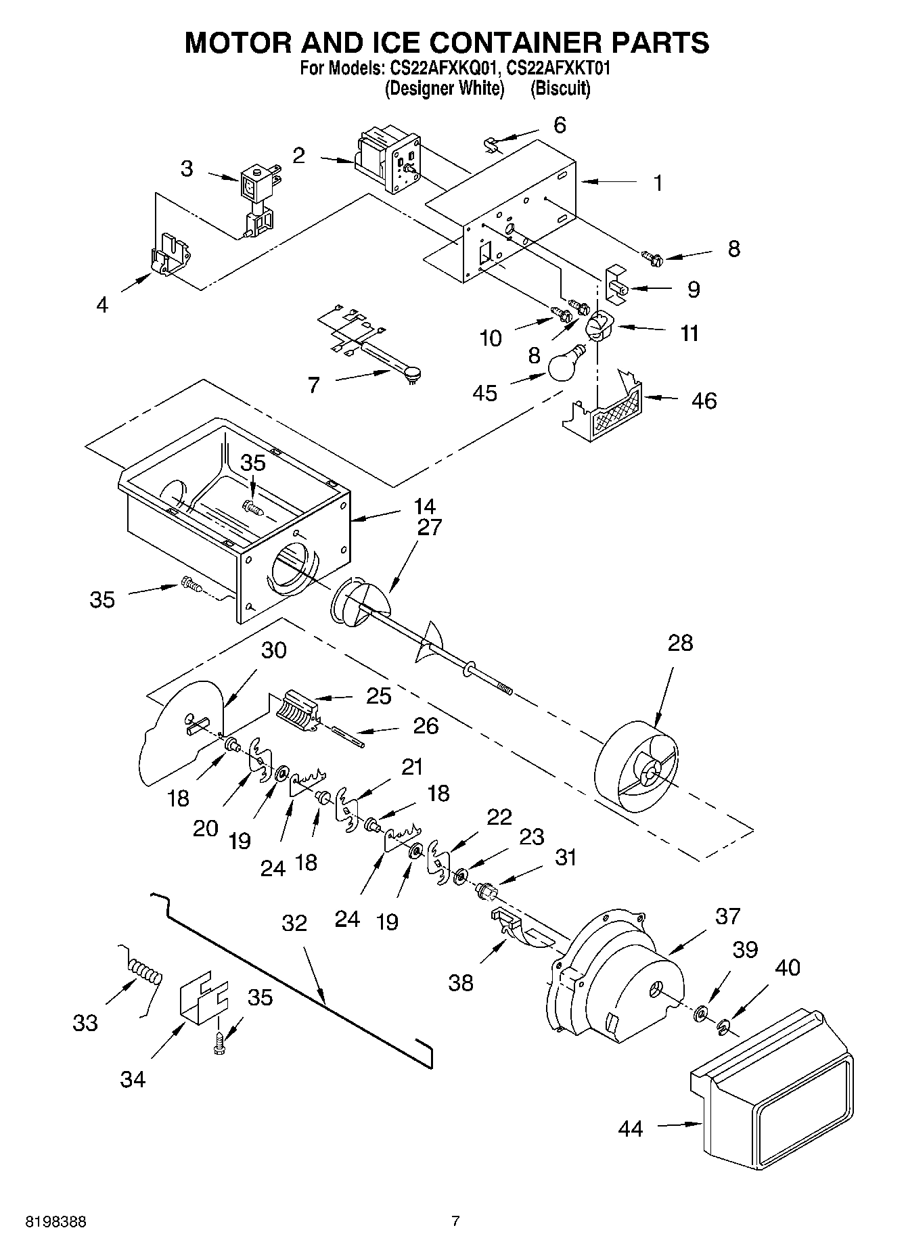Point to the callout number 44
(630, 1129)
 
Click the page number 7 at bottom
(455, 1221)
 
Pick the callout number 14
(424, 505)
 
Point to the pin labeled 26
(349, 737)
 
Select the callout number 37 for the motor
(727, 916)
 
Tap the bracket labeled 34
(202, 999)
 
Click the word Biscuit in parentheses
(560, 89)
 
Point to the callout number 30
(273, 650)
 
